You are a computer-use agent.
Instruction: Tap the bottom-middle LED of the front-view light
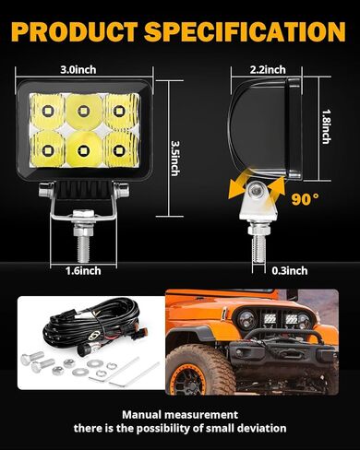tap(80, 146)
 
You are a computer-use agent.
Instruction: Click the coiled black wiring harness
tap(83, 328)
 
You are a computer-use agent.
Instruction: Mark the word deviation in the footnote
tap(256, 429)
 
